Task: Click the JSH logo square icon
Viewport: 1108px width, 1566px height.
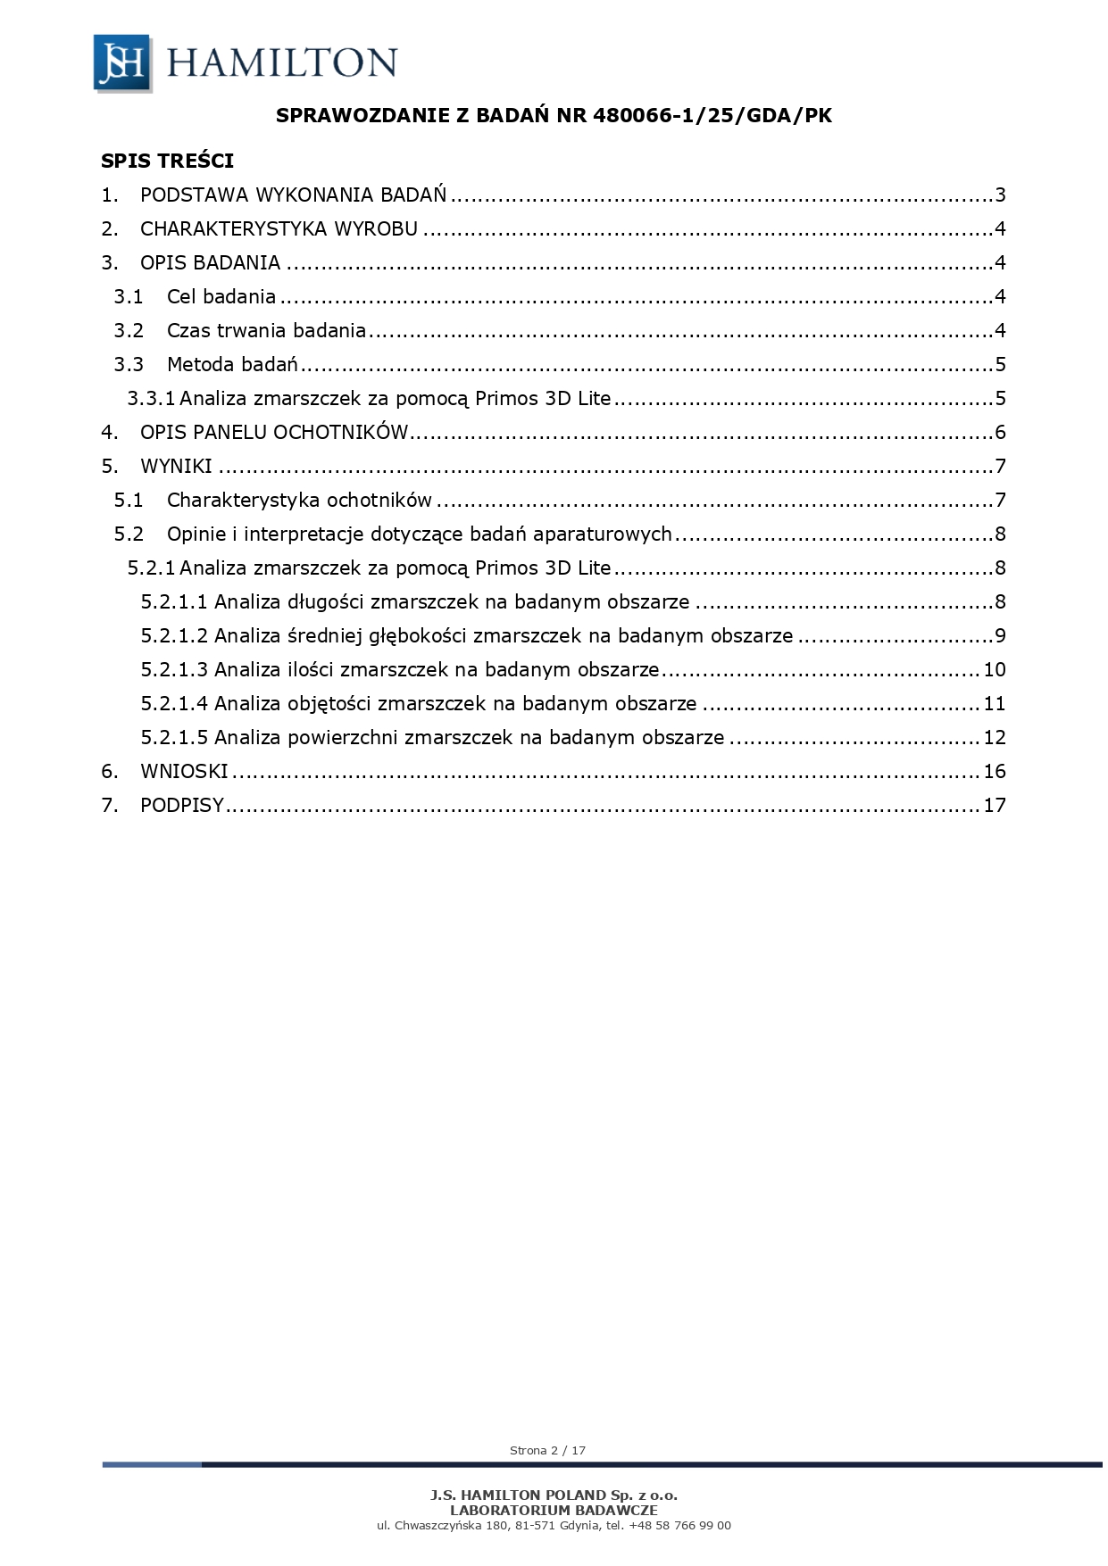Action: [x=121, y=62]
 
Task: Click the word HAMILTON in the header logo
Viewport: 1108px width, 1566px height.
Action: [x=281, y=63]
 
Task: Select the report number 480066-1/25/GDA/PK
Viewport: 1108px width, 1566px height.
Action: [x=712, y=115]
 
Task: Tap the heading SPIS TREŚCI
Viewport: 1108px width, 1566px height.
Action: [x=167, y=161]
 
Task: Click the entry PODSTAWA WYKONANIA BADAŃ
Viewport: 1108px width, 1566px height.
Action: [x=293, y=195]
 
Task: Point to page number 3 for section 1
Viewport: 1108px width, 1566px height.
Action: [x=1000, y=195]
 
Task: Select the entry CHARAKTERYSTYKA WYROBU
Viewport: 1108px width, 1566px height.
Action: [x=279, y=229]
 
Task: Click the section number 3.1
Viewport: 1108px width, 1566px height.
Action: [x=128, y=297]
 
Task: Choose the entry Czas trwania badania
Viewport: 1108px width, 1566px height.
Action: [x=266, y=331]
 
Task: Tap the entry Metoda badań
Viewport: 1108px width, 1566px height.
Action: [x=232, y=365]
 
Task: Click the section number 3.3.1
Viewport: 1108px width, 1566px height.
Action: [x=151, y=399]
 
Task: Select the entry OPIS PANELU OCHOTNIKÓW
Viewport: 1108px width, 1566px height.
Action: [x=274, y=433]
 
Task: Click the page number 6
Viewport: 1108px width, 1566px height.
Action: [x=1000, y=433]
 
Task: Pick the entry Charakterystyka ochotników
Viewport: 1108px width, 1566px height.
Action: [x=299, y=501]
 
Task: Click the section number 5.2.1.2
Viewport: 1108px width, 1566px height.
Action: [x=174, y=636]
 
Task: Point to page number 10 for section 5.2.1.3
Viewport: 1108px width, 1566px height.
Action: [x=994, y=670]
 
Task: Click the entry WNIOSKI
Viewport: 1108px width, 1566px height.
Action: [x=184, y=772]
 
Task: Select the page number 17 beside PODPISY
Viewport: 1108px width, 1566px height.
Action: [x=994, y=806]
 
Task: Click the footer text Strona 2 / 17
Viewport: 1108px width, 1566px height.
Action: [x=547, y=1450]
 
